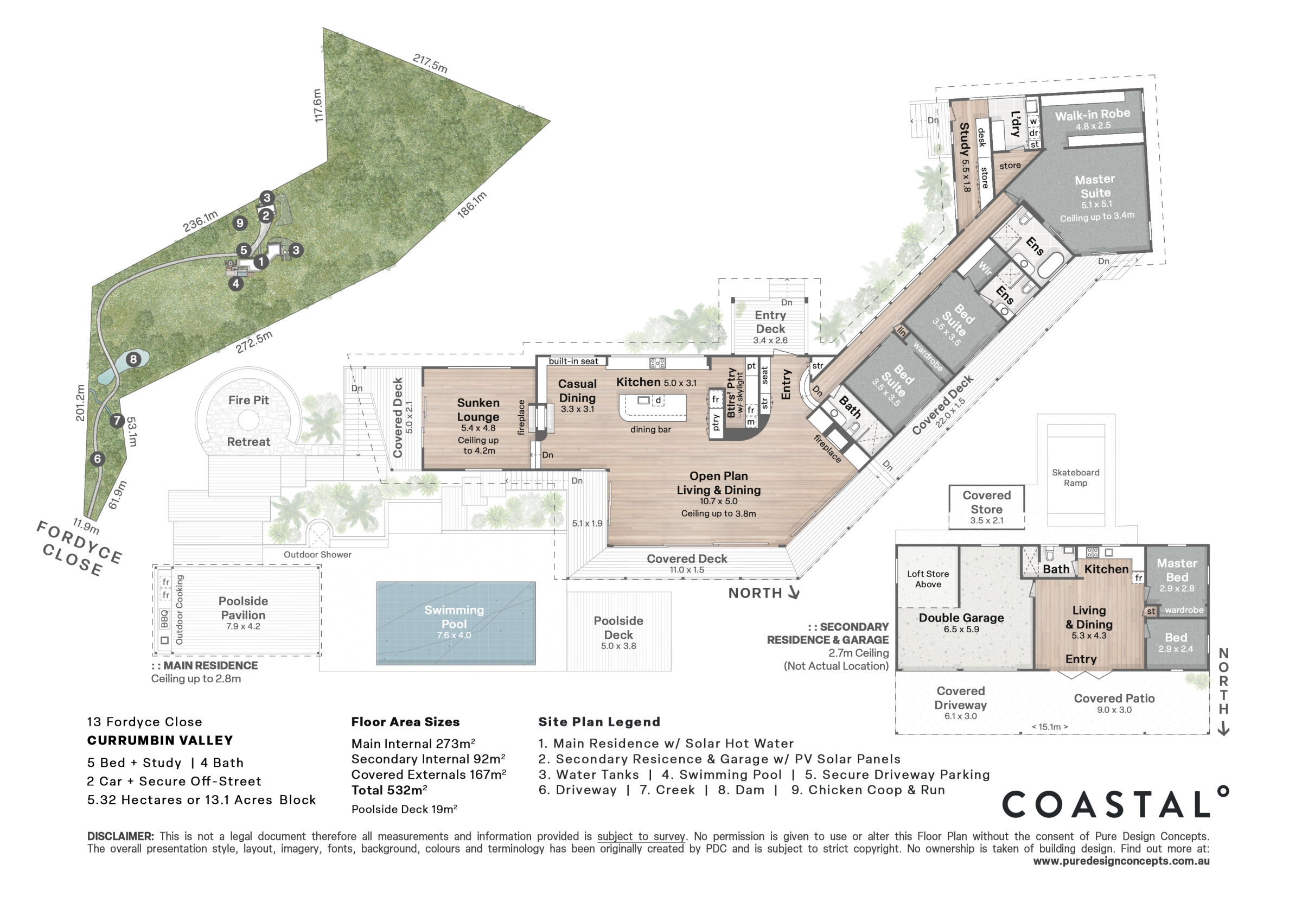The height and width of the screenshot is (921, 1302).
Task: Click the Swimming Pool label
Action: point(454,617)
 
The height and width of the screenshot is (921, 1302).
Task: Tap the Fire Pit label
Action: point(248,400)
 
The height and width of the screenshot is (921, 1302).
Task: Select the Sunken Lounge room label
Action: point(478,410)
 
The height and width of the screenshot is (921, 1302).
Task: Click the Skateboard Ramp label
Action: point(1075,477)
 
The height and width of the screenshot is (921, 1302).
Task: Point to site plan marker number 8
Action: point(133,359)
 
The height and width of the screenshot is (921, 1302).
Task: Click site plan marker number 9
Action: point(240,223)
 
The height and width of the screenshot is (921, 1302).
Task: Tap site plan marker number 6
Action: point(98,459)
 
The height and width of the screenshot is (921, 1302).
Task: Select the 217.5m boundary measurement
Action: point(430,63)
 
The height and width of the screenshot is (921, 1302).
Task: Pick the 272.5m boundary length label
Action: point(254,341)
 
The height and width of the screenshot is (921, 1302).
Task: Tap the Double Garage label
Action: point(961,618)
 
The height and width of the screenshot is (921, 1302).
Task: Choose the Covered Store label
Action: point(987,502)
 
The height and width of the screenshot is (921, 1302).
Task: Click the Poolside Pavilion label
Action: point(243,608)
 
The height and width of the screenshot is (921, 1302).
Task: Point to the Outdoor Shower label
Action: point(317,555)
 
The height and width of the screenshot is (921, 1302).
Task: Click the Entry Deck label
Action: point(770,322)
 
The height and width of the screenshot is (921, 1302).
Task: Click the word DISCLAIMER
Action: point(120,836)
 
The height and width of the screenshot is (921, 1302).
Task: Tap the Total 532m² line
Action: point(390,790)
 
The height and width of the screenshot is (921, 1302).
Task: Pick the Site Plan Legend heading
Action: point(599,722)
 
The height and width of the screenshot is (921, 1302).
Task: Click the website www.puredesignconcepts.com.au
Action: point(1121,861)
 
